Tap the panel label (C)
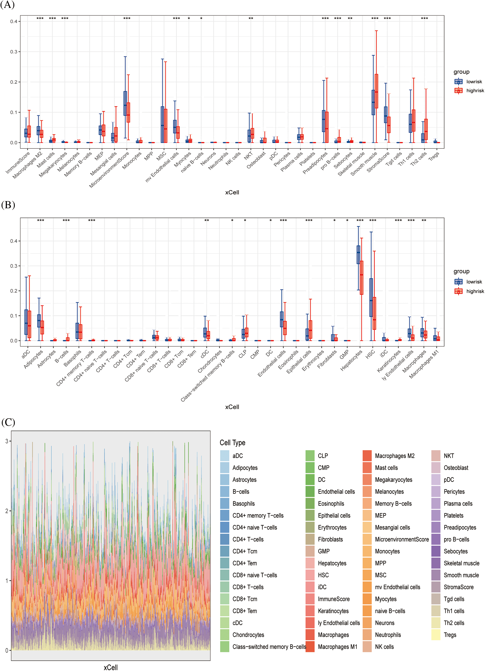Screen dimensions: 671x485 point(8,422)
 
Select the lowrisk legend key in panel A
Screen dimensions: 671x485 point(458,82)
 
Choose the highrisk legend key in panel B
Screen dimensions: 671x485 point(458,291)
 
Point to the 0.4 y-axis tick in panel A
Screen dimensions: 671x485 point(14,21)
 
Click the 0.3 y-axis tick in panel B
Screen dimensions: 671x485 point(14,266)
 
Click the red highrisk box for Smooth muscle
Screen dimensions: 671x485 point(376,91)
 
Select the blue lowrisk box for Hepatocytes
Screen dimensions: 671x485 point(358,254)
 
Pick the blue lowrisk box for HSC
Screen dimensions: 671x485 point(371,297)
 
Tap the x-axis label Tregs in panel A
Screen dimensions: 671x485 point(434,156)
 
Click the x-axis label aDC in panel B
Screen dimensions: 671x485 point(26,354)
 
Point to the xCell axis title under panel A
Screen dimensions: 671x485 point(232,192)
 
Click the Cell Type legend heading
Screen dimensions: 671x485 point(232,443)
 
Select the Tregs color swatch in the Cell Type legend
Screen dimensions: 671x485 point(436,635)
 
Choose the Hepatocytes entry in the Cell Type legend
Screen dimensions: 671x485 point(332,563)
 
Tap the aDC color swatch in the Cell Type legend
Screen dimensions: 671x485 point(225,456)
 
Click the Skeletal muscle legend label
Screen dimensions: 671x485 point(461,563)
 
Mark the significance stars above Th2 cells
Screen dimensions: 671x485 point(424,19)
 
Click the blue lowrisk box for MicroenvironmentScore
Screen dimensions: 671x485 point(125,103)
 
